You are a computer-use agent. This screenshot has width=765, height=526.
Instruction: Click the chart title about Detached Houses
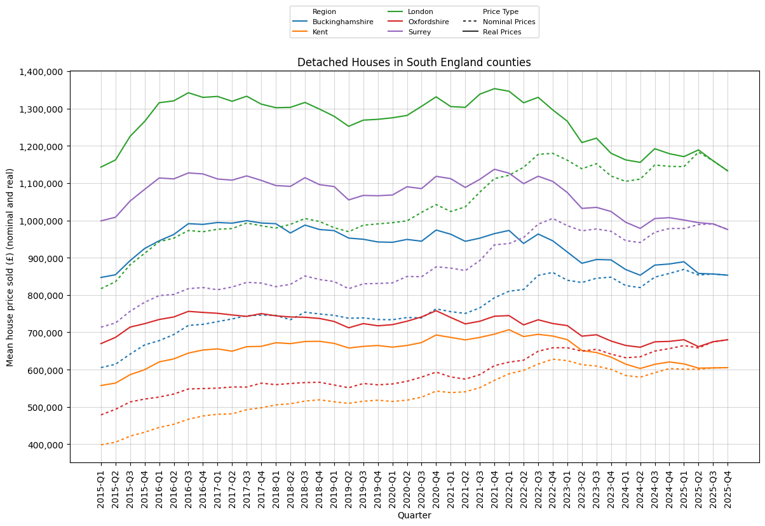pyautogui.click(x=414, y=62)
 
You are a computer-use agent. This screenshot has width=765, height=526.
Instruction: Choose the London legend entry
pyautogui.click(x=420, y=11)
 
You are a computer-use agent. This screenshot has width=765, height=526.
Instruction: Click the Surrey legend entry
pyautogui.click(x=419, y=32)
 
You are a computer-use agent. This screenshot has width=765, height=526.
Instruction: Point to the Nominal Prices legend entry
pyautogui.click(x=509, y=22)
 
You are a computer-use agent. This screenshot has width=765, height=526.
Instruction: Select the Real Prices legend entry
pyautogui.click(x=502, y=32)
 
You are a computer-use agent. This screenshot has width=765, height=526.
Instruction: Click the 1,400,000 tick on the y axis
pyautogui.click(x=41, y=72)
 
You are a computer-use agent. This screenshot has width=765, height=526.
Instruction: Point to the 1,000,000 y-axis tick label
pyautogui.click(x=41, y=221)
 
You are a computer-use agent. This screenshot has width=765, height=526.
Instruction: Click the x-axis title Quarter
pyautogui.click(x=414, y=516)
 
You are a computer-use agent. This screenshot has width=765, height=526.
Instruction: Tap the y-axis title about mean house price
pyautogui.click(x=10, y=267)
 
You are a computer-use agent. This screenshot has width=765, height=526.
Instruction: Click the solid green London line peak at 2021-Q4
pyautogui.click(x=494, y=88)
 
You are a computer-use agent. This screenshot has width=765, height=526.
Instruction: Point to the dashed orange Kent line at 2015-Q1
pyautogui.click(x=101, y=445)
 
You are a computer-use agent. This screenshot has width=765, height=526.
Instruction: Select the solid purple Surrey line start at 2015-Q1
pyautogui.click(x=101, y=221)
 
